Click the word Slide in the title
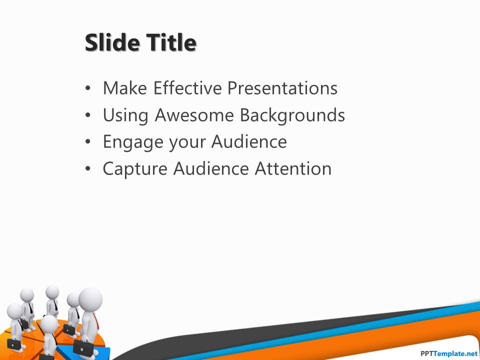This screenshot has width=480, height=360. (x=112, y=42)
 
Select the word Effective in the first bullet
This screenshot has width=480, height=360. (x=187, y=88)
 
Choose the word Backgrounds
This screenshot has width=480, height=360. (x=292, y=115)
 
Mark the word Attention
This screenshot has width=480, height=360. (x=293, y=168)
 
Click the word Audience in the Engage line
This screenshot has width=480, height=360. (x=249, y=141)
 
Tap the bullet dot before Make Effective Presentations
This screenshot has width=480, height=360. (x=88, y=88)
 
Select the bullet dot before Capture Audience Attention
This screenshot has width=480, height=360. (x=88, y=168)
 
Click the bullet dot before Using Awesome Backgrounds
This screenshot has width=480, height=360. (x=88, y=115)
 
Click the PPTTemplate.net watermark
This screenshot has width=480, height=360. (x=449, y=353)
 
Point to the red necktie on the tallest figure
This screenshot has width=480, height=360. (x=96, y=321)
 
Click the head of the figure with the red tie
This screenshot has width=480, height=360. (x=90, y=299)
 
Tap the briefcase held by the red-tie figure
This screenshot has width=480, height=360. (x=83, y=348)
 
